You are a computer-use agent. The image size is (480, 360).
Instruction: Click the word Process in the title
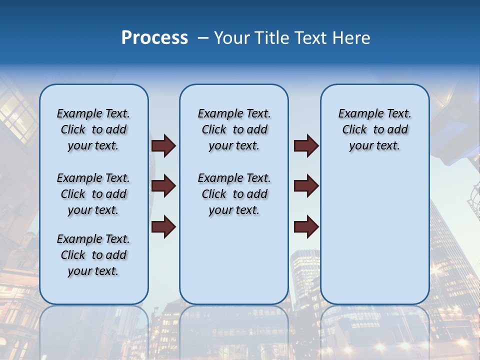[154, 38]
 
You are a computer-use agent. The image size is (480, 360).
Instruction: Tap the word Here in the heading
[350, 38]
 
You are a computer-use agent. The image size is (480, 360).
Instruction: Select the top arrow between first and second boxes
[163, 146]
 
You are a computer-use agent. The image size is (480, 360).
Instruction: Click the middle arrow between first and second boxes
[163, 186]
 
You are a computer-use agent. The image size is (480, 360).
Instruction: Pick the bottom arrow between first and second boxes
[163, 226]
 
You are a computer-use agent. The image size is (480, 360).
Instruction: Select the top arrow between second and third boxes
[306, 146]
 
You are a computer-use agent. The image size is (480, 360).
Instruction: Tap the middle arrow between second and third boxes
[306, 186]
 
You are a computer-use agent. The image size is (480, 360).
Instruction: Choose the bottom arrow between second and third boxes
[306, 226]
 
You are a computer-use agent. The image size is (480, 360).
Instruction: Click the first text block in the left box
[93, 129]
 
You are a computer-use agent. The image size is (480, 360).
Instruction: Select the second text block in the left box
[93, 194]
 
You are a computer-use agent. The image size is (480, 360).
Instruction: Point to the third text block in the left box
[93, 255]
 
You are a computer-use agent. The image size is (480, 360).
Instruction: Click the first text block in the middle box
[234, 129]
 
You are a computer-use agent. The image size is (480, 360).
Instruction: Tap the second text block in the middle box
[234, 194]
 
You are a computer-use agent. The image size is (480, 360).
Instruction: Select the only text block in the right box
[374, 129]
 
